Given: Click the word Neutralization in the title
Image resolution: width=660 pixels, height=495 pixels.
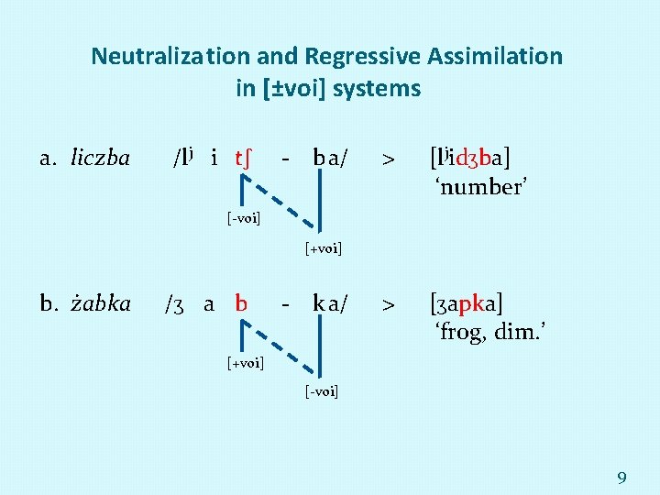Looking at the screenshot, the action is (157, 56).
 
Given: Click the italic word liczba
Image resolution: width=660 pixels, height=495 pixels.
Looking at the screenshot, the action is (100, 158).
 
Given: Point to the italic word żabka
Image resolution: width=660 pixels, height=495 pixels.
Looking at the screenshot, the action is (100, 302).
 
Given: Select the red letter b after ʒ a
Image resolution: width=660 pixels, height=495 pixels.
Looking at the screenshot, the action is (241, 302).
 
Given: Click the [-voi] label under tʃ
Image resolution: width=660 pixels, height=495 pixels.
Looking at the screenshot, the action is (244, 218).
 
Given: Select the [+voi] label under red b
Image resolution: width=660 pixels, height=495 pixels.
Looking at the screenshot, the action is (245, 363).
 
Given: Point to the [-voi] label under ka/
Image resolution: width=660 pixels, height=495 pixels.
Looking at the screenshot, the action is (321, 392).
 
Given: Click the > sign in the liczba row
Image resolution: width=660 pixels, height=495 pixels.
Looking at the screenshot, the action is (389, 159).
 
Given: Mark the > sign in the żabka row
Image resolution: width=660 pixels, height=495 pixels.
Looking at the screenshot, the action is (389, 303).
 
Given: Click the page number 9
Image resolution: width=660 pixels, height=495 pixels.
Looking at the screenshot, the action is (621, 477).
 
